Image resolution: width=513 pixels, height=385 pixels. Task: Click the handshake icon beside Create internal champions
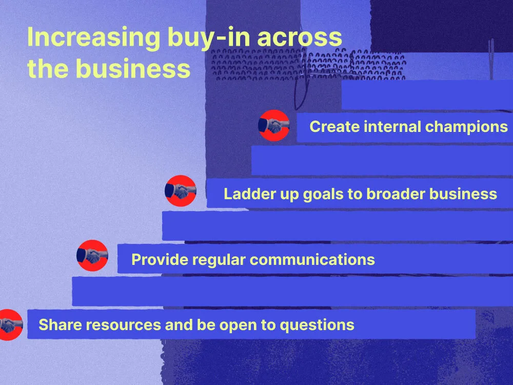274,125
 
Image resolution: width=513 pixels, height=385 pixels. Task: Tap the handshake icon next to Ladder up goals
181,191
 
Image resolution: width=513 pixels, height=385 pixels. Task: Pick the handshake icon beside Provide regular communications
92,256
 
